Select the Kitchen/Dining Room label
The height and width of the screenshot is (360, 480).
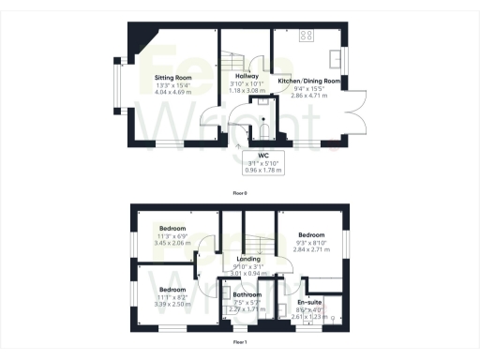click(309, 82)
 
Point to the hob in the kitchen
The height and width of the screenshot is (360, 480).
click(306, 37)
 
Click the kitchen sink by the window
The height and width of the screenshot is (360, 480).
click(336, 53)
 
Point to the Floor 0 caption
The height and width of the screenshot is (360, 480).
click(240, 193)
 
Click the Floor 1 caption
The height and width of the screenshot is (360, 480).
click(240, 343)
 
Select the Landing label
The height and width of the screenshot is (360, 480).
click(248, 259)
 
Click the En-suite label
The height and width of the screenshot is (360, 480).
click(309, 303)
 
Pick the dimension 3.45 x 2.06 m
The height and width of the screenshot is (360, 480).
click(173, 242)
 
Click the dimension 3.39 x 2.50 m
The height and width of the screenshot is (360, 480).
click(173, 304)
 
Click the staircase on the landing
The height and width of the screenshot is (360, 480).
click(259, 233)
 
